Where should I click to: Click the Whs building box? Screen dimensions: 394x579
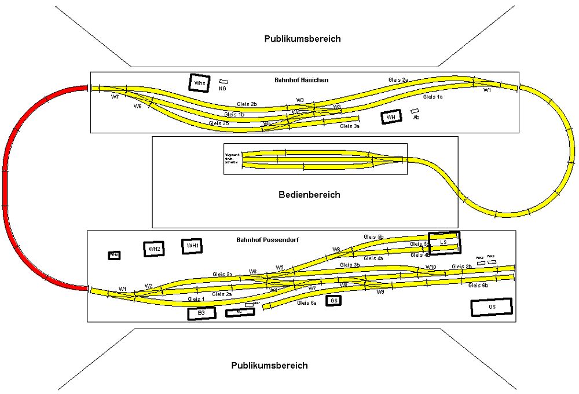tap(200, 82)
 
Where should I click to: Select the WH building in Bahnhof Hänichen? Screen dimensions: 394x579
tap(391, 117)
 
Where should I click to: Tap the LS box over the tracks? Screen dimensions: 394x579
tap(444, 242)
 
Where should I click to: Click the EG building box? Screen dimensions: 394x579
tap(201, 313)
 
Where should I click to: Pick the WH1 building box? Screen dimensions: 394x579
tap(192, 246)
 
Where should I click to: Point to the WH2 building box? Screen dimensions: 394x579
tap(154, 249)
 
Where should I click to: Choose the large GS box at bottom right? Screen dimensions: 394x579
tap(492, 307)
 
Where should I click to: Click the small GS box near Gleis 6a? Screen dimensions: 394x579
tap(333, 300)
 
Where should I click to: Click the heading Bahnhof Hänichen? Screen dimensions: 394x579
tap(301, 79)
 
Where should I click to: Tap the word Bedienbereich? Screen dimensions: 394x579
tap(309, 195)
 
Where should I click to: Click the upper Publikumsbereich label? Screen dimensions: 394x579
tap(302, 39)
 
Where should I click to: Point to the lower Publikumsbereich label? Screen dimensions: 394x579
tap(269, 366)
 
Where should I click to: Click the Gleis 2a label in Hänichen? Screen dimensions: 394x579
tap(398, 79)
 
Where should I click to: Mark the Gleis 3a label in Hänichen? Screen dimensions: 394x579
tap(350, 126)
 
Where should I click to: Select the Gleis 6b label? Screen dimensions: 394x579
tap(478, 286)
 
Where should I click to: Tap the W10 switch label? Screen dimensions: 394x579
tap(430, 267)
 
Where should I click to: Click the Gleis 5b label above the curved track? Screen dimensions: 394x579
tap(373, 237)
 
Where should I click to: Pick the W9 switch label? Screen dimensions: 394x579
tap(380, 292)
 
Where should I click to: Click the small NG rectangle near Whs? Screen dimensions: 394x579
tap(223, 82)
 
